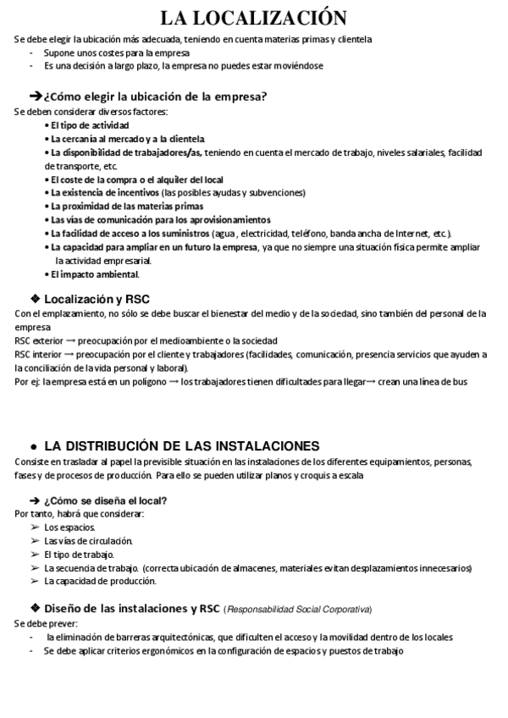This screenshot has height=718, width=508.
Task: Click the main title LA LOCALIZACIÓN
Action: pos(253,18)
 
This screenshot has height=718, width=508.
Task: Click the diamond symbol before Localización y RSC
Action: pos(35,298)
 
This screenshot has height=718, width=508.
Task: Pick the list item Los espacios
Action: pos(69,527)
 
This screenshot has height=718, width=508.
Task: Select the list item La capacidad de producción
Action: pos(100,581)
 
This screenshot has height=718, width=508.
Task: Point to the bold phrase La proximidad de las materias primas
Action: pos(127,206)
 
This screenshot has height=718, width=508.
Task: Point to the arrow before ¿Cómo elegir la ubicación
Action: pos(36,96)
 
